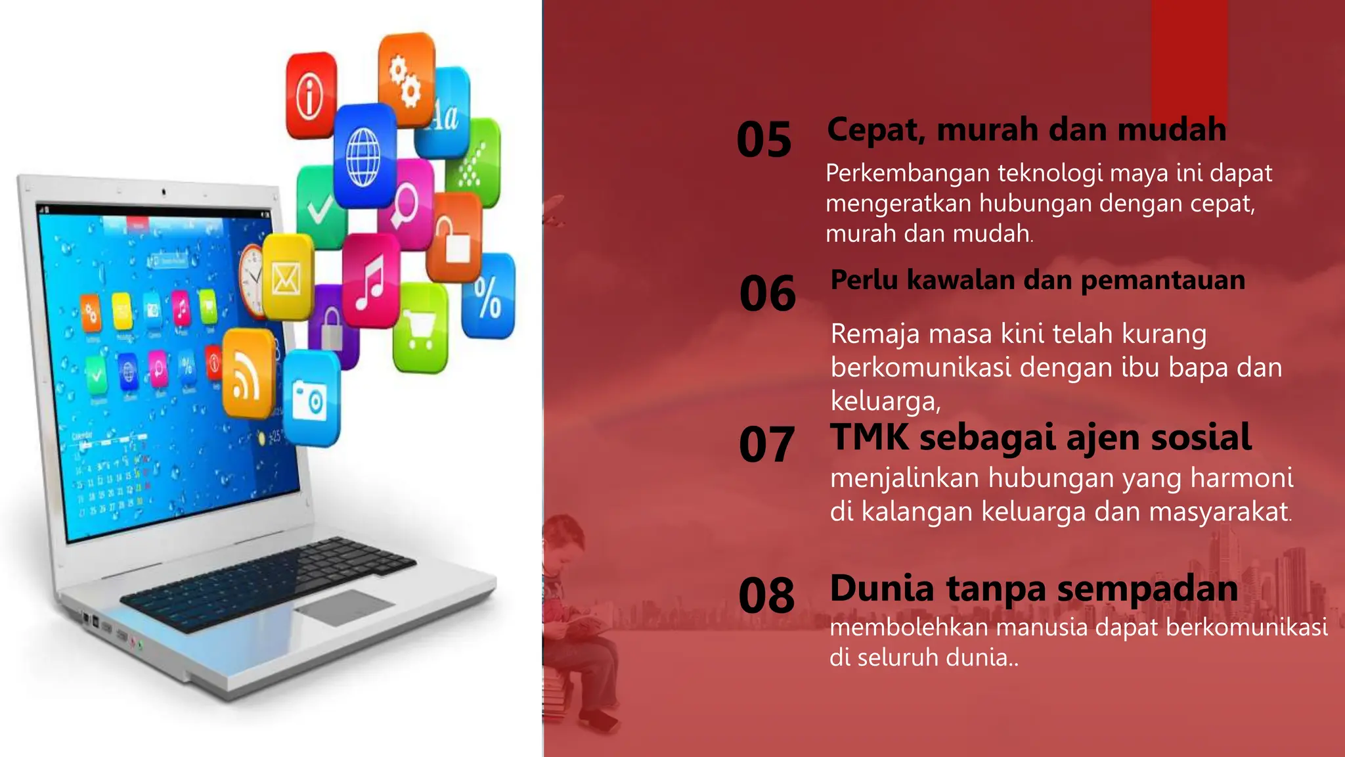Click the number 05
[x=764, y=139]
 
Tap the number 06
[x=767, y=293]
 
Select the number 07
[x=766, y=444]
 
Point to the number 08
[x=766, y=595]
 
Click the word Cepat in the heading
[x=874, y=129]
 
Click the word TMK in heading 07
[x=869, y=437]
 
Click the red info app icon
[x=310, y=95]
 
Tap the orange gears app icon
[x=406, y=79]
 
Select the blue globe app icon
[x=364, y=156]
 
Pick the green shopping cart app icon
[x=420, y=329]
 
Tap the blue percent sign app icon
[x=488, y=296]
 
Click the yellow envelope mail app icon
[x=288, y=278]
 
